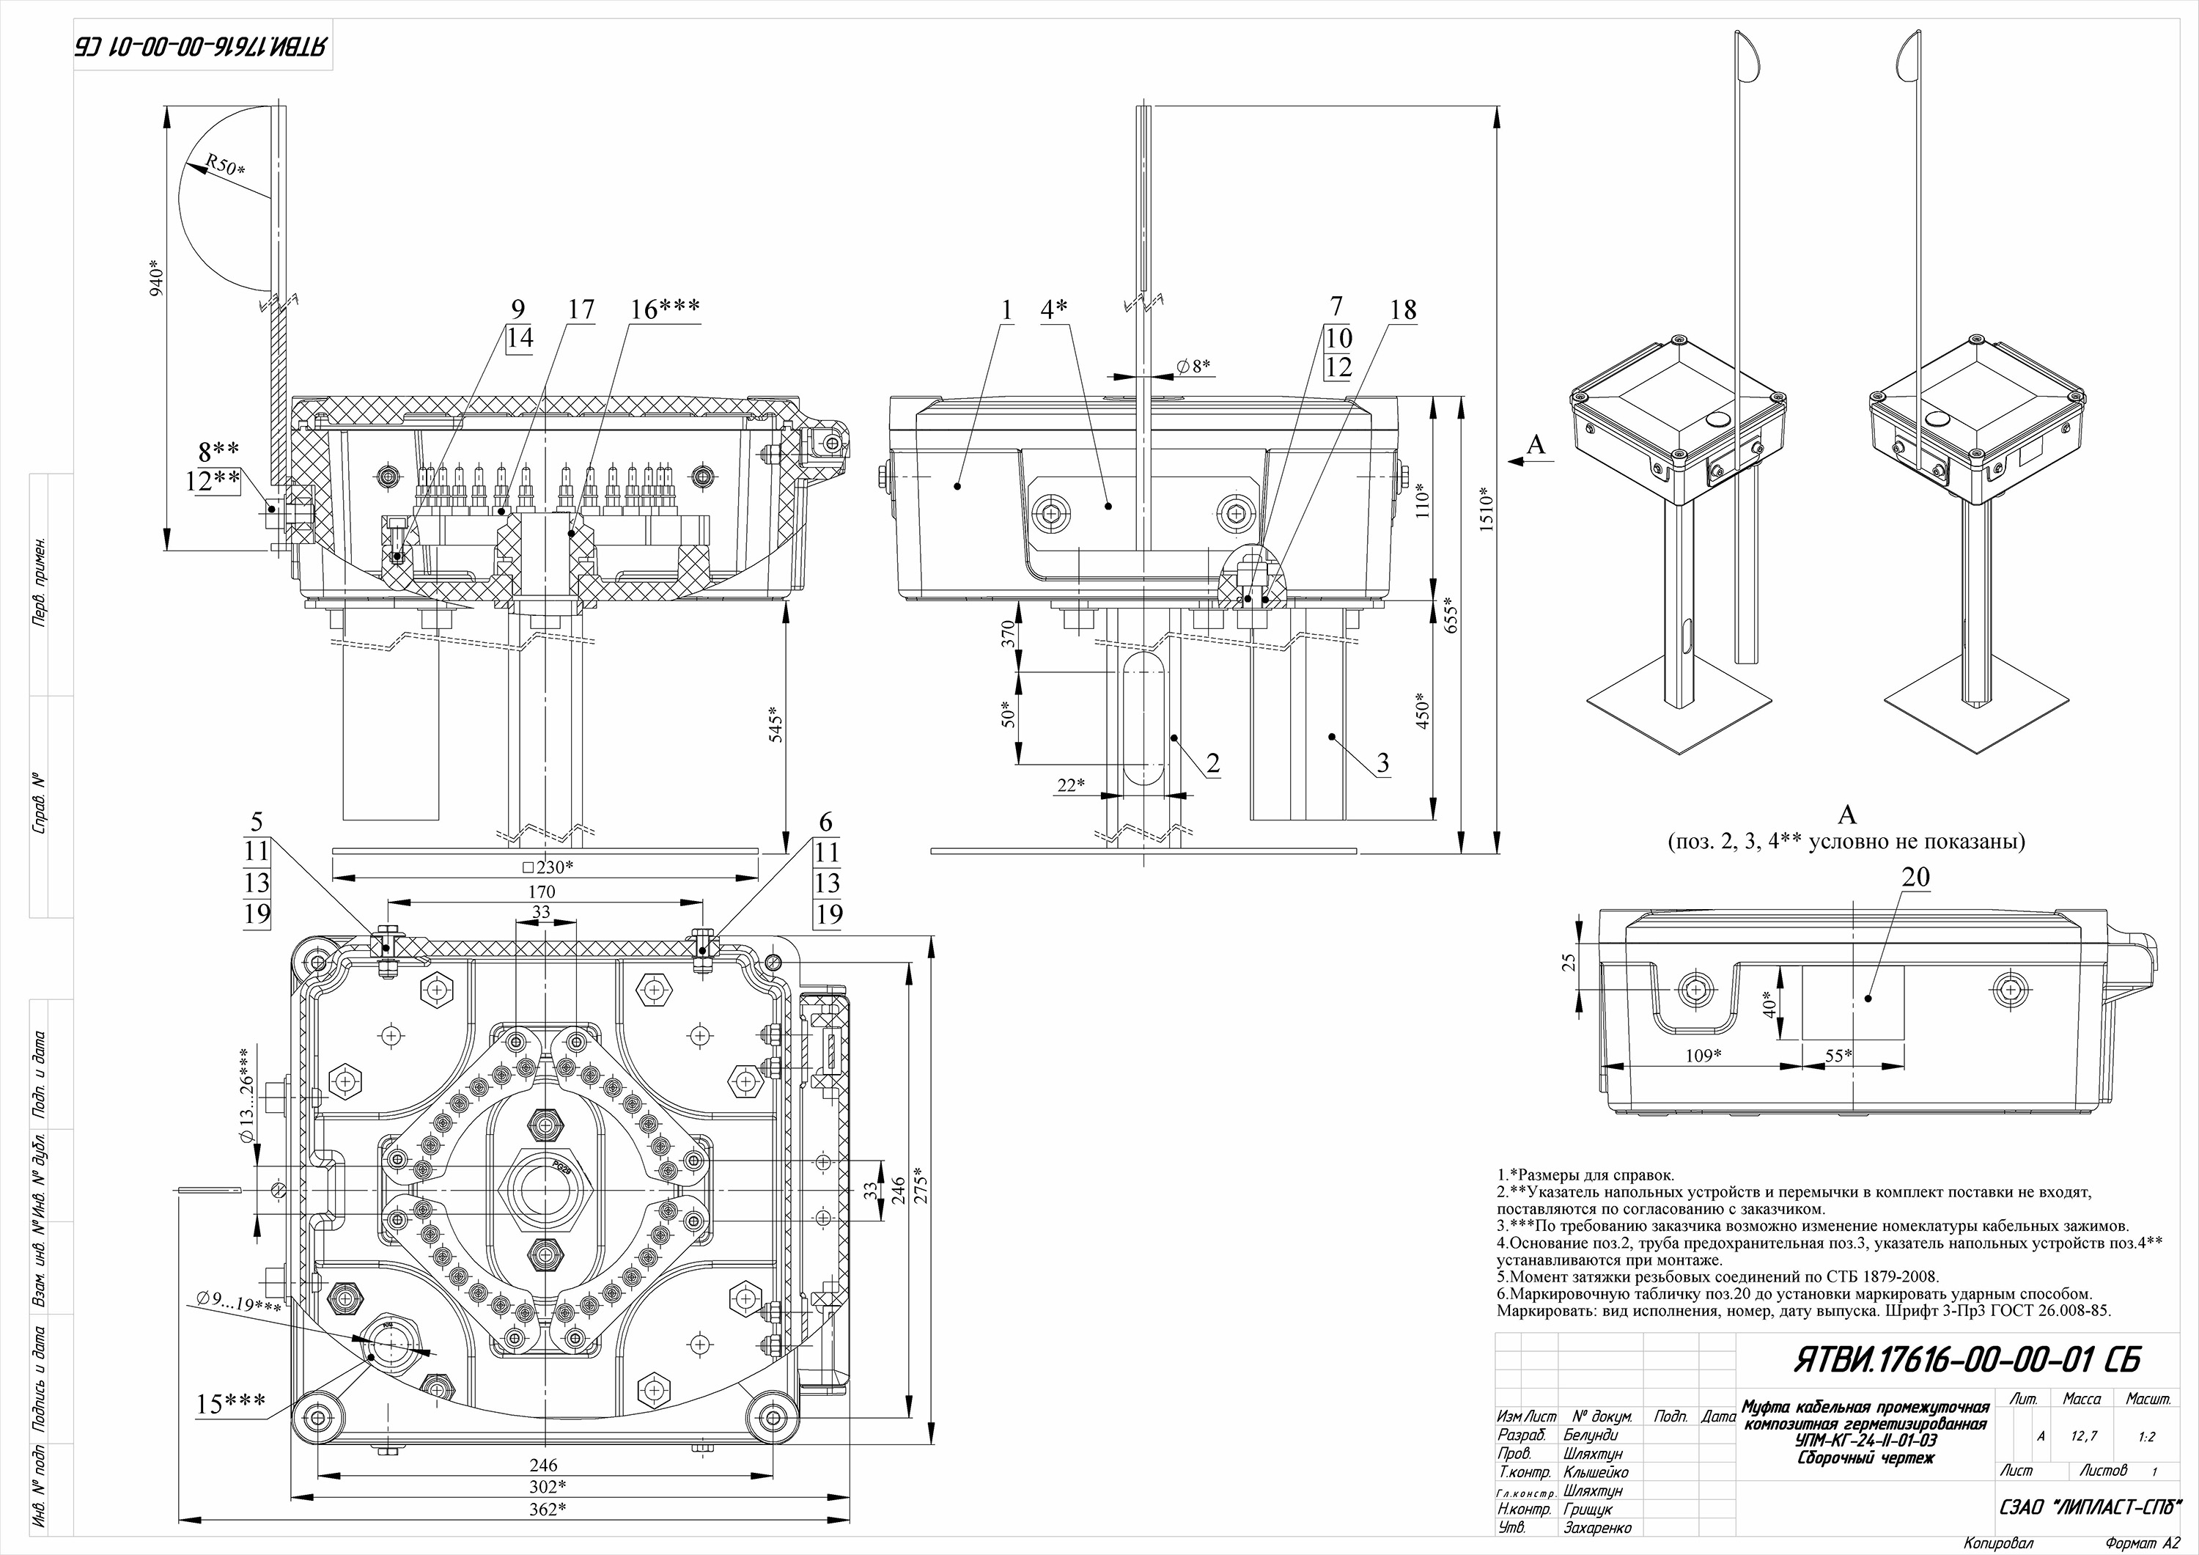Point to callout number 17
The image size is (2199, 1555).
click(581, 309)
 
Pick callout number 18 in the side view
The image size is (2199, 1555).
click(1402, 309)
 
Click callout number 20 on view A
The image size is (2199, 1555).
click(1915, 877)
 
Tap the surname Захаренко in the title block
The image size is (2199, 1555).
click(1596, 1527)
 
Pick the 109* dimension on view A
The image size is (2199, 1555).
click(1703, 1055)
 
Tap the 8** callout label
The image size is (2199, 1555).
click(218, 449)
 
